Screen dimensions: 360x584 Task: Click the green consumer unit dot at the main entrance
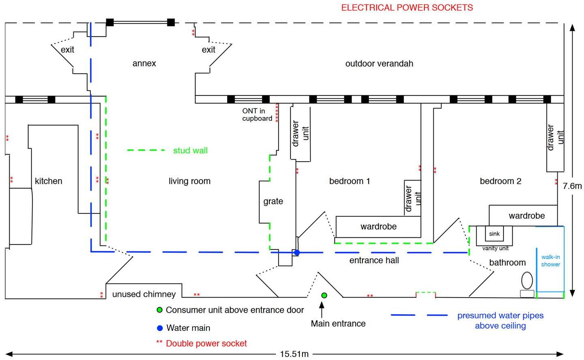(324, 295)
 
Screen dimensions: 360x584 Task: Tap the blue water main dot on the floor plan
(297, 253)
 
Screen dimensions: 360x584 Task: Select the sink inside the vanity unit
(494, 234)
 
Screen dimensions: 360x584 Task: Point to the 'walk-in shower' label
(550, 261)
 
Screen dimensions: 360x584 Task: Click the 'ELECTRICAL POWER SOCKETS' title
(407, 8)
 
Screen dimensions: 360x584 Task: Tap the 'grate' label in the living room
(273, 201)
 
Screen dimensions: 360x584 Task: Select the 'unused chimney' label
(144, 294)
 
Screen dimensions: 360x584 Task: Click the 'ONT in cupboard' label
(257, 115)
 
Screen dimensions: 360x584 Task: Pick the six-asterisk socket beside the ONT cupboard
(277, 113)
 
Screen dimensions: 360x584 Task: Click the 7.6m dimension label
(572, 186)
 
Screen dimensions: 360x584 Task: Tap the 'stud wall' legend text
(190, 151)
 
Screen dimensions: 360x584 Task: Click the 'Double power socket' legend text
(206, 343)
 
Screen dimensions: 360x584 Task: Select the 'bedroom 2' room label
(500, 181)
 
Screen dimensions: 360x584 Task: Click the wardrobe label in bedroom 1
(378, 226)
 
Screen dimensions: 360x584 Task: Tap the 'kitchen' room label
(49, 181)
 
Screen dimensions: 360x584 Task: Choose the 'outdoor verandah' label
(379, 64)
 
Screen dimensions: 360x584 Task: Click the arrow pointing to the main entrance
(322, 310)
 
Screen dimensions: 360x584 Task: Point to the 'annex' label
(144, 64)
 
